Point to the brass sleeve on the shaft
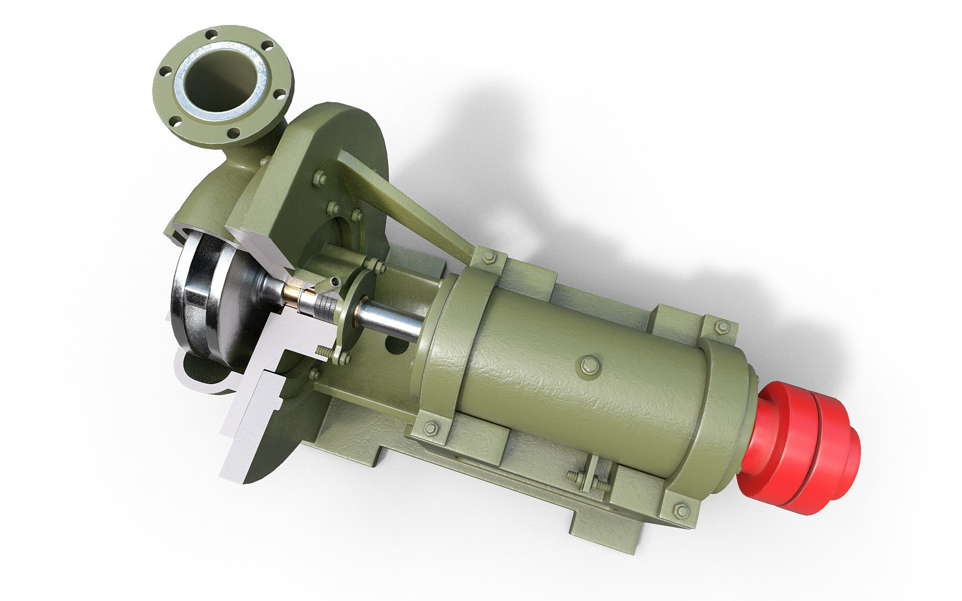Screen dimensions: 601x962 [291, 296]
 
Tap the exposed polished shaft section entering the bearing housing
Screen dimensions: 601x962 [391, 321]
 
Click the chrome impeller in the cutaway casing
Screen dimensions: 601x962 [200, 300]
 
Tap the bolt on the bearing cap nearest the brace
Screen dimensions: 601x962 [489, 257]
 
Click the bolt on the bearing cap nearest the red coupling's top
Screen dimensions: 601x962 [722, 327]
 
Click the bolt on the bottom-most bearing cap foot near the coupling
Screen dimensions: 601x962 [681, 511]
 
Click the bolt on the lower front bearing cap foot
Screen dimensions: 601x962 [430, 429]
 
